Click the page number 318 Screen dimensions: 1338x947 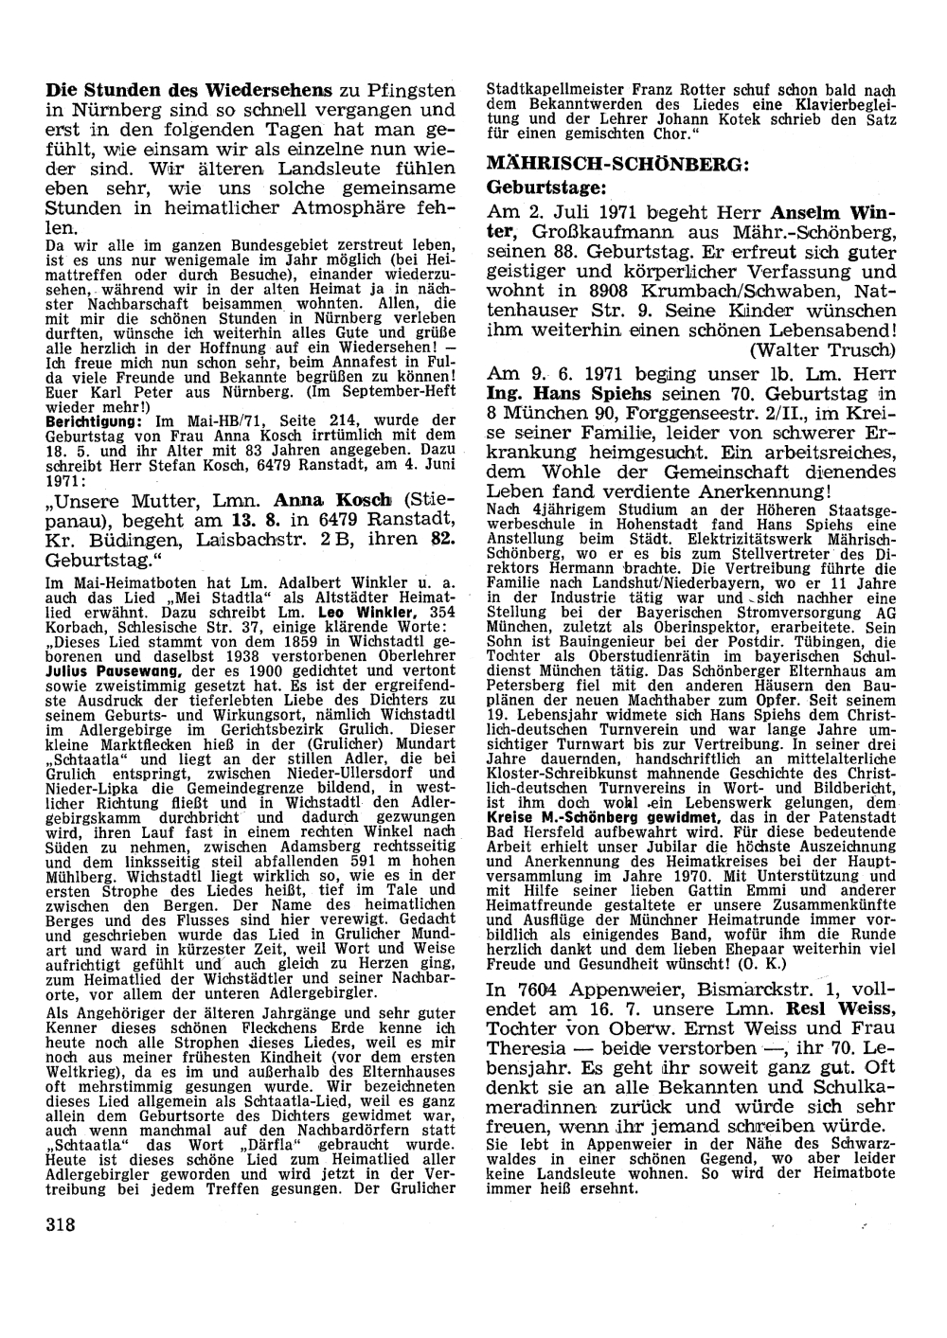coord(60,1222)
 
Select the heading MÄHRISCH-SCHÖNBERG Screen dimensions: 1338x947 coord(617,164)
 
